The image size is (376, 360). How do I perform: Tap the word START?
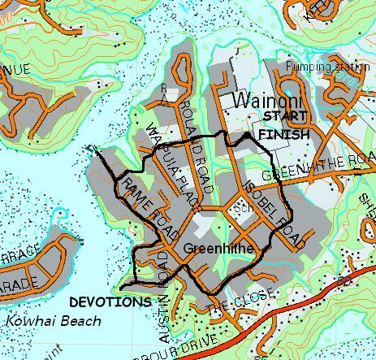tap(281, 118)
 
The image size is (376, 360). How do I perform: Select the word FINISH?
tap(283, 135)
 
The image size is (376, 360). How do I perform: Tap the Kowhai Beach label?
tap(52, 320)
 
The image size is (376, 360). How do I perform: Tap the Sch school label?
tap(240, 207)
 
